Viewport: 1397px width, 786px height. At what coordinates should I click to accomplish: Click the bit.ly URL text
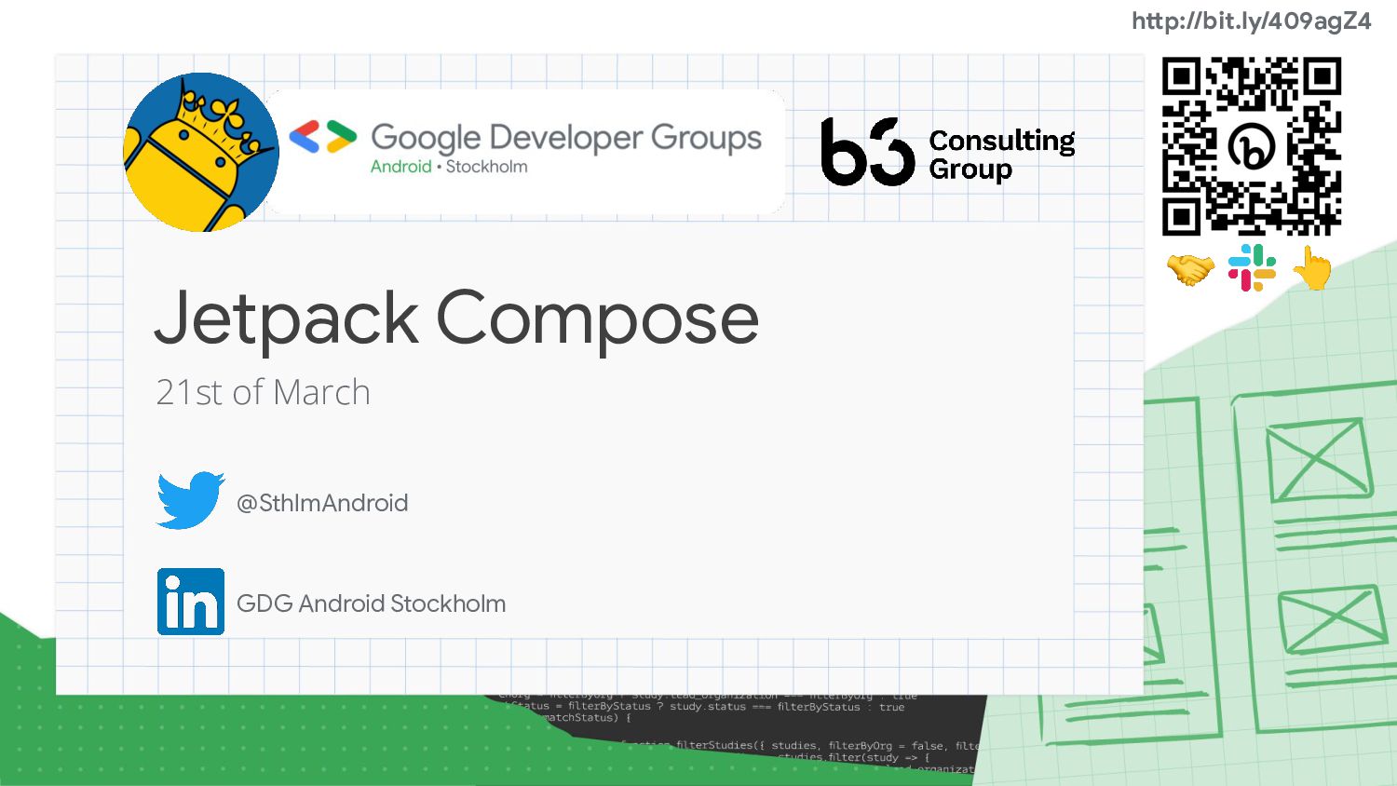tap(1251, 21)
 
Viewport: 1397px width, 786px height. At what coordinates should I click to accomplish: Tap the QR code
tap(1251, 145)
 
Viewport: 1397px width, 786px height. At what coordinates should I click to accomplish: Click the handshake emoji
tap(1190, 270)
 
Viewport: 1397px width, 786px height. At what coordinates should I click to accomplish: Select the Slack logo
tap(1252, 268)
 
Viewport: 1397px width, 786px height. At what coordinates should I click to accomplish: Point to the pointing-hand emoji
tap(1312, 268)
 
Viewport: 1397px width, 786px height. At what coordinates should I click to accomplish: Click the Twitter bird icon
tap(190, 500)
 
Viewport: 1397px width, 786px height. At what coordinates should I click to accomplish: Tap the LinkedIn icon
tap(191, 602)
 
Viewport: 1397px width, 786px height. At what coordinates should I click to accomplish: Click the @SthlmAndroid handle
tap(322, 503)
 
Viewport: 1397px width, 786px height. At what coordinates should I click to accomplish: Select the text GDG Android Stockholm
tap(371, 603)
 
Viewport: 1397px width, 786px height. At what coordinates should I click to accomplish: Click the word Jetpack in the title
tap(287, 318)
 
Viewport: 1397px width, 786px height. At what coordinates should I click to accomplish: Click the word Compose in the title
tap(597, 318)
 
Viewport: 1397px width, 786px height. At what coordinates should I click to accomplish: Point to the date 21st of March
tap(263, 393)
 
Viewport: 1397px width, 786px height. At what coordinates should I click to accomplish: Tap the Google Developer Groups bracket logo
tap(322, 137)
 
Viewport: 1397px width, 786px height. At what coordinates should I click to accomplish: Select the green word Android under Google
tap(400, 167)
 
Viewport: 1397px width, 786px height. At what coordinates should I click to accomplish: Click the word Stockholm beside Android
tap(486, 167)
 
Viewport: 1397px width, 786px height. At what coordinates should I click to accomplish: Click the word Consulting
tap(1002, 141)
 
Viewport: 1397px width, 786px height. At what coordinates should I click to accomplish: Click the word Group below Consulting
tap(970, 169)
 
